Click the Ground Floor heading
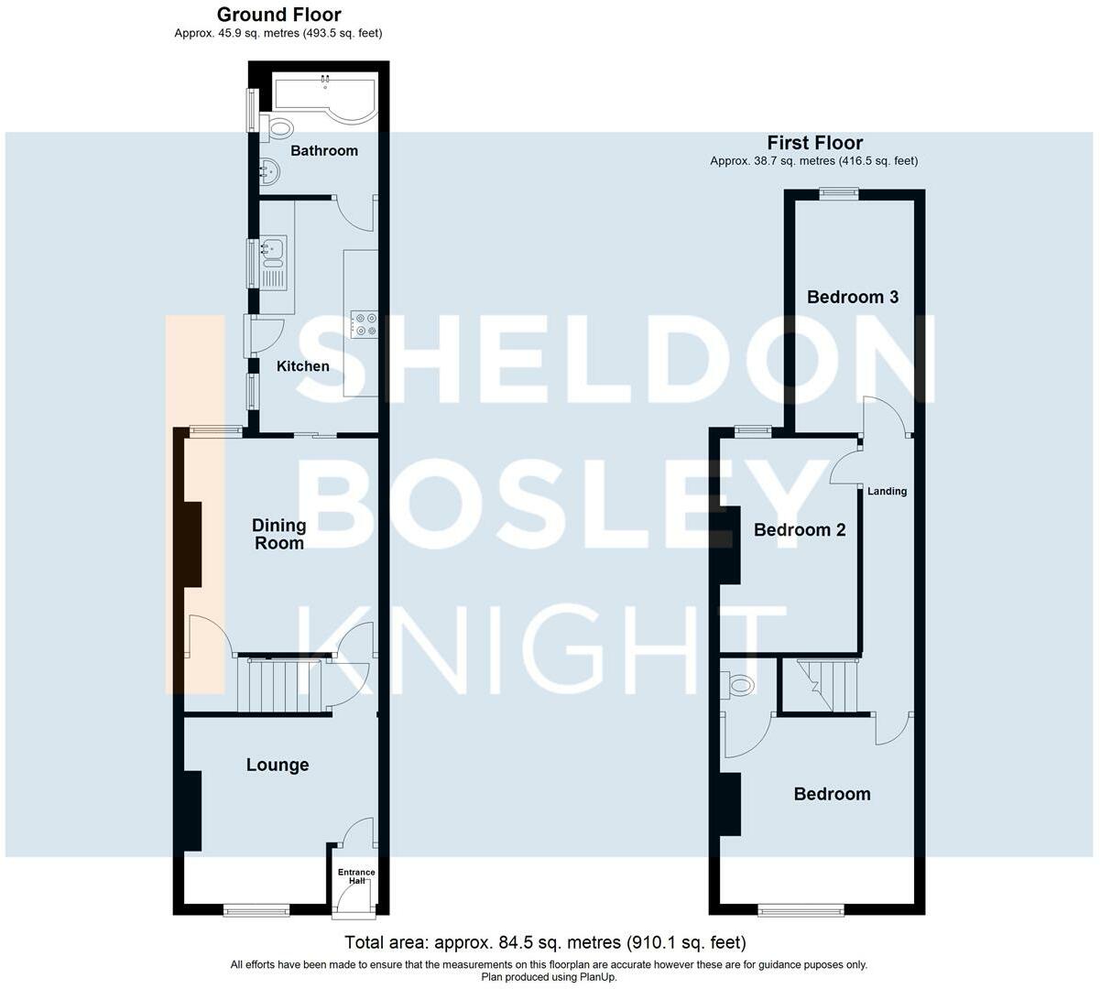(x=279, y=15)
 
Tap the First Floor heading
(x=815, y=143)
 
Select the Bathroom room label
(x=324, y=151)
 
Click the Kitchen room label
(x=302, y=366)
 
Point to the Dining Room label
(x=279, y=534)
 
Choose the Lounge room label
(x=278, y=766)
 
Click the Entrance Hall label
(x=356, y=876)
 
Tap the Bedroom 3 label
(x=853, y=298)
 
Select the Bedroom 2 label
(x=800, y=530)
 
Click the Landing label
(x=887, y=492)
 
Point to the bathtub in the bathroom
(x=325, y=96)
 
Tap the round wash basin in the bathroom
(x=269, y=171)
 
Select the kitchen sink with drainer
(x=273, y=263)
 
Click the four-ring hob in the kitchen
(x=365, y=324)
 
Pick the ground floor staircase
(x=285, y=686)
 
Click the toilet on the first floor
(x=737, y=686)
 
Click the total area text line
(x=545, y=942)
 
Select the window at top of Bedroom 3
(x=839, y=192)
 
